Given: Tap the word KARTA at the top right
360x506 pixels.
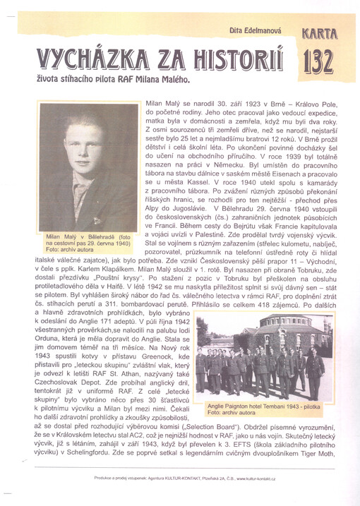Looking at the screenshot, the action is click(320, 32).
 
